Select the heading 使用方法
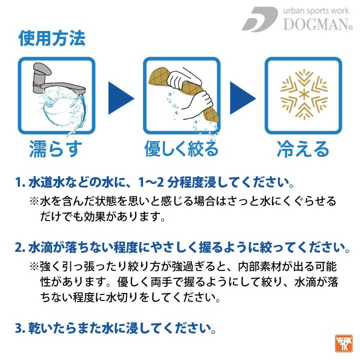[x=51, y=38]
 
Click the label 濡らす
[x=55, y=148]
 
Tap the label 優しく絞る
[x=181, y=148]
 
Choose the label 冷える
[x=303, y=148]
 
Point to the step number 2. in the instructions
[x=21, y=248]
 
